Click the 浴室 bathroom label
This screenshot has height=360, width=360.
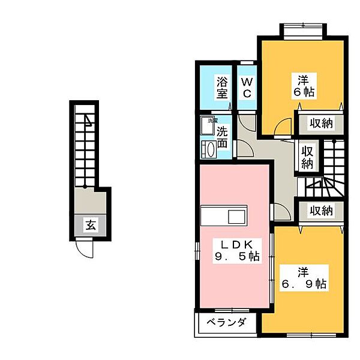click(221, 87)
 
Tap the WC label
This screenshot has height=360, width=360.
click(246, 87)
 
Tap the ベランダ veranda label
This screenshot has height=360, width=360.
click(227, 323)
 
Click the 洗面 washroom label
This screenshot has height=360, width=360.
click(221, 137)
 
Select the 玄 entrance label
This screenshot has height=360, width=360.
click(91, 226)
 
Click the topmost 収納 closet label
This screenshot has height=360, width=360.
click(321, 124)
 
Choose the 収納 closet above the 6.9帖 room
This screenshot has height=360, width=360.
click(321, 211)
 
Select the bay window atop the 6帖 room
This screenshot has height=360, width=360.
click(303, 30)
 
